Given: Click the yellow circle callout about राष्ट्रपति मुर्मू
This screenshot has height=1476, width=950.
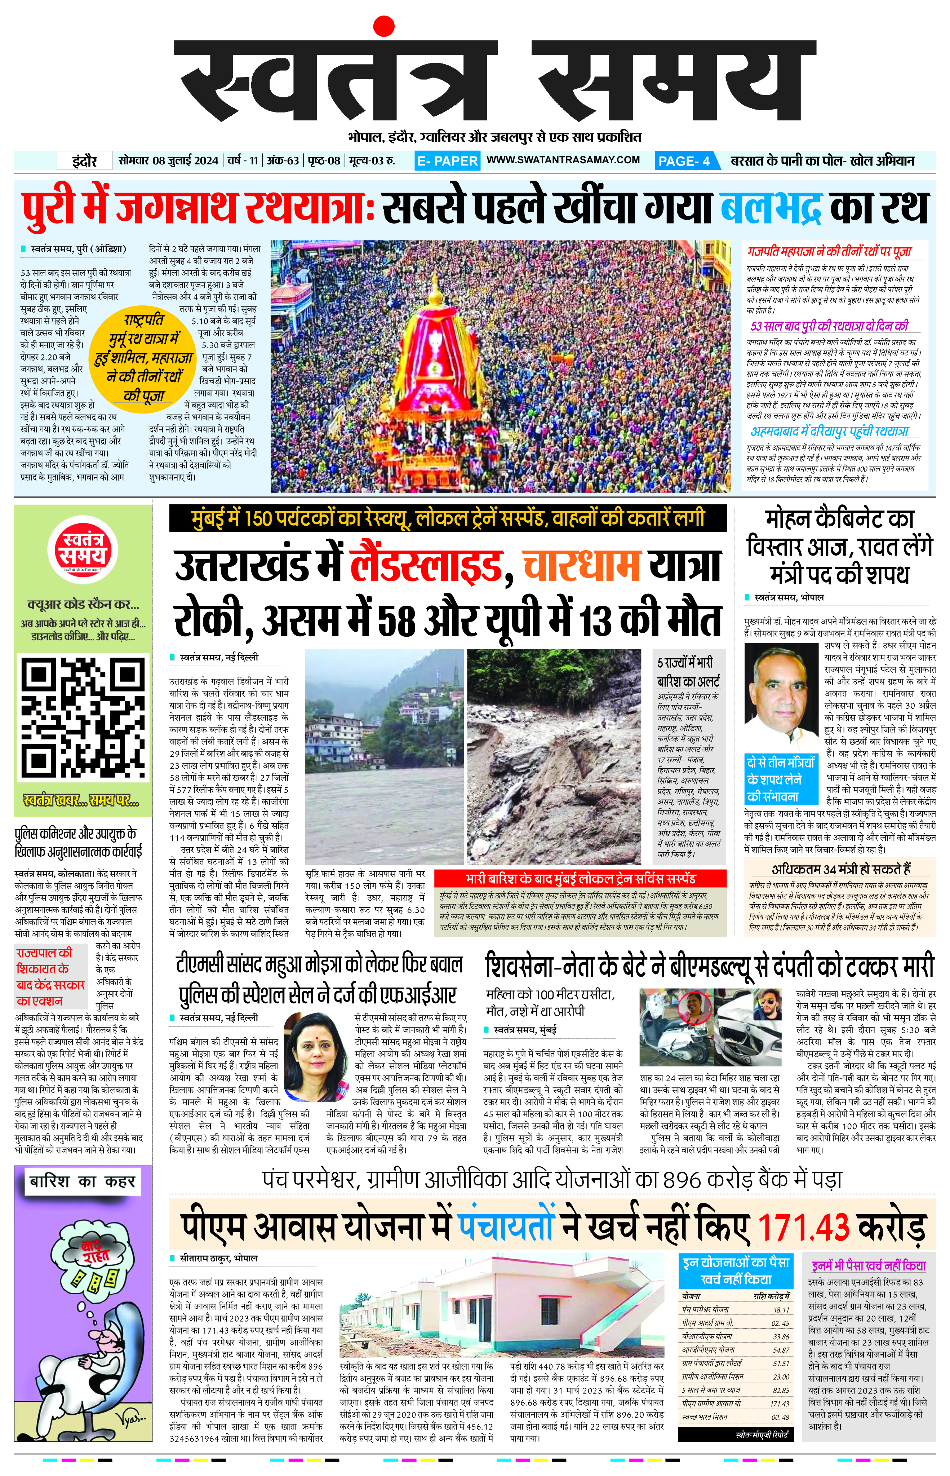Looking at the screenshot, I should (x=144, y=358).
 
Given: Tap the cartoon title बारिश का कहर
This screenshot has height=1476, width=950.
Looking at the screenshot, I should (x=82, y=1182).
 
